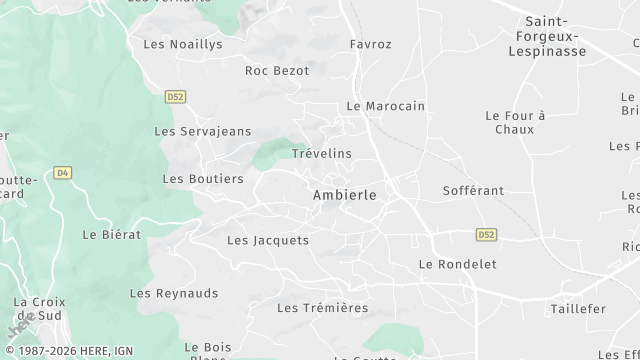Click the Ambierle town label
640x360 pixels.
(345, 196)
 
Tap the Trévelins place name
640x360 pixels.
(322, 154)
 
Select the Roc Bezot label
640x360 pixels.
(277, 71)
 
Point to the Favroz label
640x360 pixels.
(371, 45)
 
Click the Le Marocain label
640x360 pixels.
(386, 106)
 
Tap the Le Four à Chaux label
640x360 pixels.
(515, 123)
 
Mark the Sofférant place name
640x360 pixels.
(473, 190)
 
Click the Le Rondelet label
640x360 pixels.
(457, 265)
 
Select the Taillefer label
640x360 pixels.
(578, 310)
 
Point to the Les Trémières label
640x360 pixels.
(323, 308)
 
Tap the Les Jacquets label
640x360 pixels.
(268, 241)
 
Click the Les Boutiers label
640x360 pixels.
(203, 179)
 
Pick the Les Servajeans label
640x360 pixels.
(203, 132)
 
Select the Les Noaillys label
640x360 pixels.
(183, 45)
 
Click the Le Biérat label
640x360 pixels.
(112, 235)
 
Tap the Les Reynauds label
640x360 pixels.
(174, 294)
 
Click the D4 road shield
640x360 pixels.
(63, 173)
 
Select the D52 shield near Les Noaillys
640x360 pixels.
(176, 97)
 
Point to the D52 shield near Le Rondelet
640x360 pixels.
(486, 235)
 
